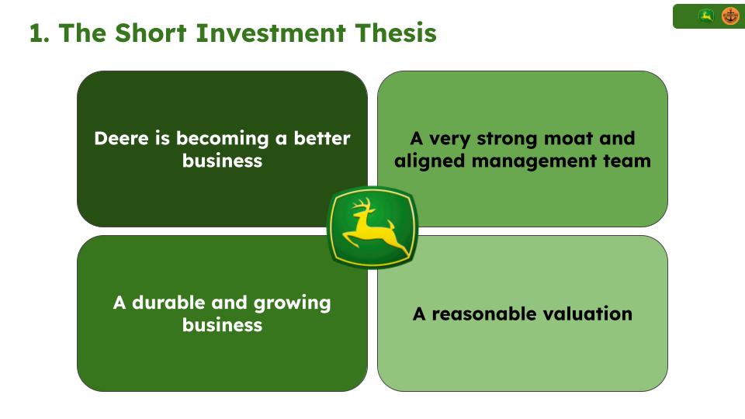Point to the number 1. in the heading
40,33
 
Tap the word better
321,139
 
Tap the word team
630,161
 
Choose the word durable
169,303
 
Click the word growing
293,303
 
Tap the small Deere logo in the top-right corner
706,16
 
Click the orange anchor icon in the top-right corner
730,16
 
